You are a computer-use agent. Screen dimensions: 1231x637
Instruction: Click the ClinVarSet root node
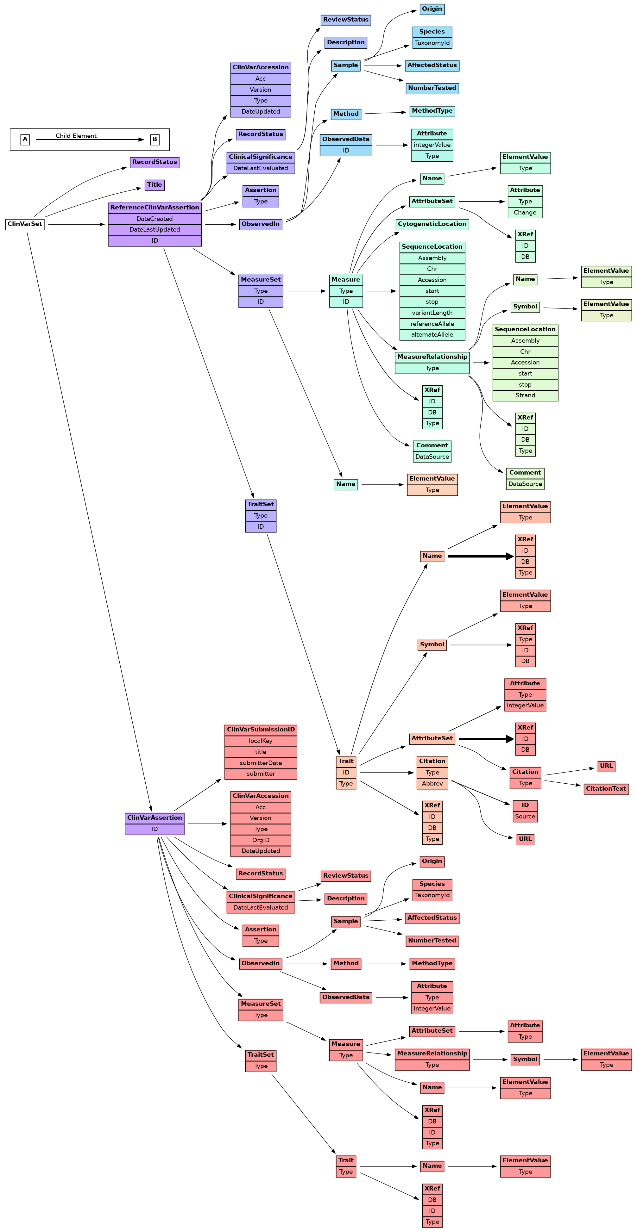click(x=25, y=224)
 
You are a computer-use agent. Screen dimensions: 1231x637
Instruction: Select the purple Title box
click(x=155, y=185)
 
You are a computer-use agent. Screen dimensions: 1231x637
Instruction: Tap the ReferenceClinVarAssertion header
click(x=155, y=208)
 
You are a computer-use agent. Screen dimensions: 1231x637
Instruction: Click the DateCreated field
click(x=155, y=219)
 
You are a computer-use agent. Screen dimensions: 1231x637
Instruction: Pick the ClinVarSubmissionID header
click(x=261, y=730)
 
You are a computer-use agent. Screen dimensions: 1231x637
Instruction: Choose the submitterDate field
click(x=261, y=763)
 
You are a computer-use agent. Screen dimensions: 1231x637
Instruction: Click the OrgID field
click(x=261, y=840)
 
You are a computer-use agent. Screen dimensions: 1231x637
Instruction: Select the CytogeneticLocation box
click(x=432, y=224)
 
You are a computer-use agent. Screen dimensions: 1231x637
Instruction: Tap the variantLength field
click(x=432, y=313)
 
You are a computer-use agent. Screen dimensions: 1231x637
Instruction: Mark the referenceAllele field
click(x=432, y=324)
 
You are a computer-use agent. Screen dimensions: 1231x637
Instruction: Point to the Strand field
click(x=525, y=396)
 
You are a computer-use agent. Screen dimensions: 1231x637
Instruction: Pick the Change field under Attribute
click(x=525, y=213)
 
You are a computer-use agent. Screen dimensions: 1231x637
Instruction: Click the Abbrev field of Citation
click(x=432, y=784)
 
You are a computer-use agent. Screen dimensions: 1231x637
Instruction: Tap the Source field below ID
click(x=525, y=817)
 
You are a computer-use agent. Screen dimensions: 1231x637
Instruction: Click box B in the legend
click(x=155, y=140)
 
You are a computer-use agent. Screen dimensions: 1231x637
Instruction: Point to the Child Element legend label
click(x=76, y=136)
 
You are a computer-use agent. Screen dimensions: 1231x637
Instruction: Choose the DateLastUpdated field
click(x=155, y=230)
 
